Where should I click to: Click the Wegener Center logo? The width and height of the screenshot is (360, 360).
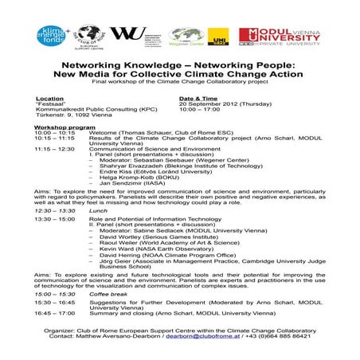[186, 35]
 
